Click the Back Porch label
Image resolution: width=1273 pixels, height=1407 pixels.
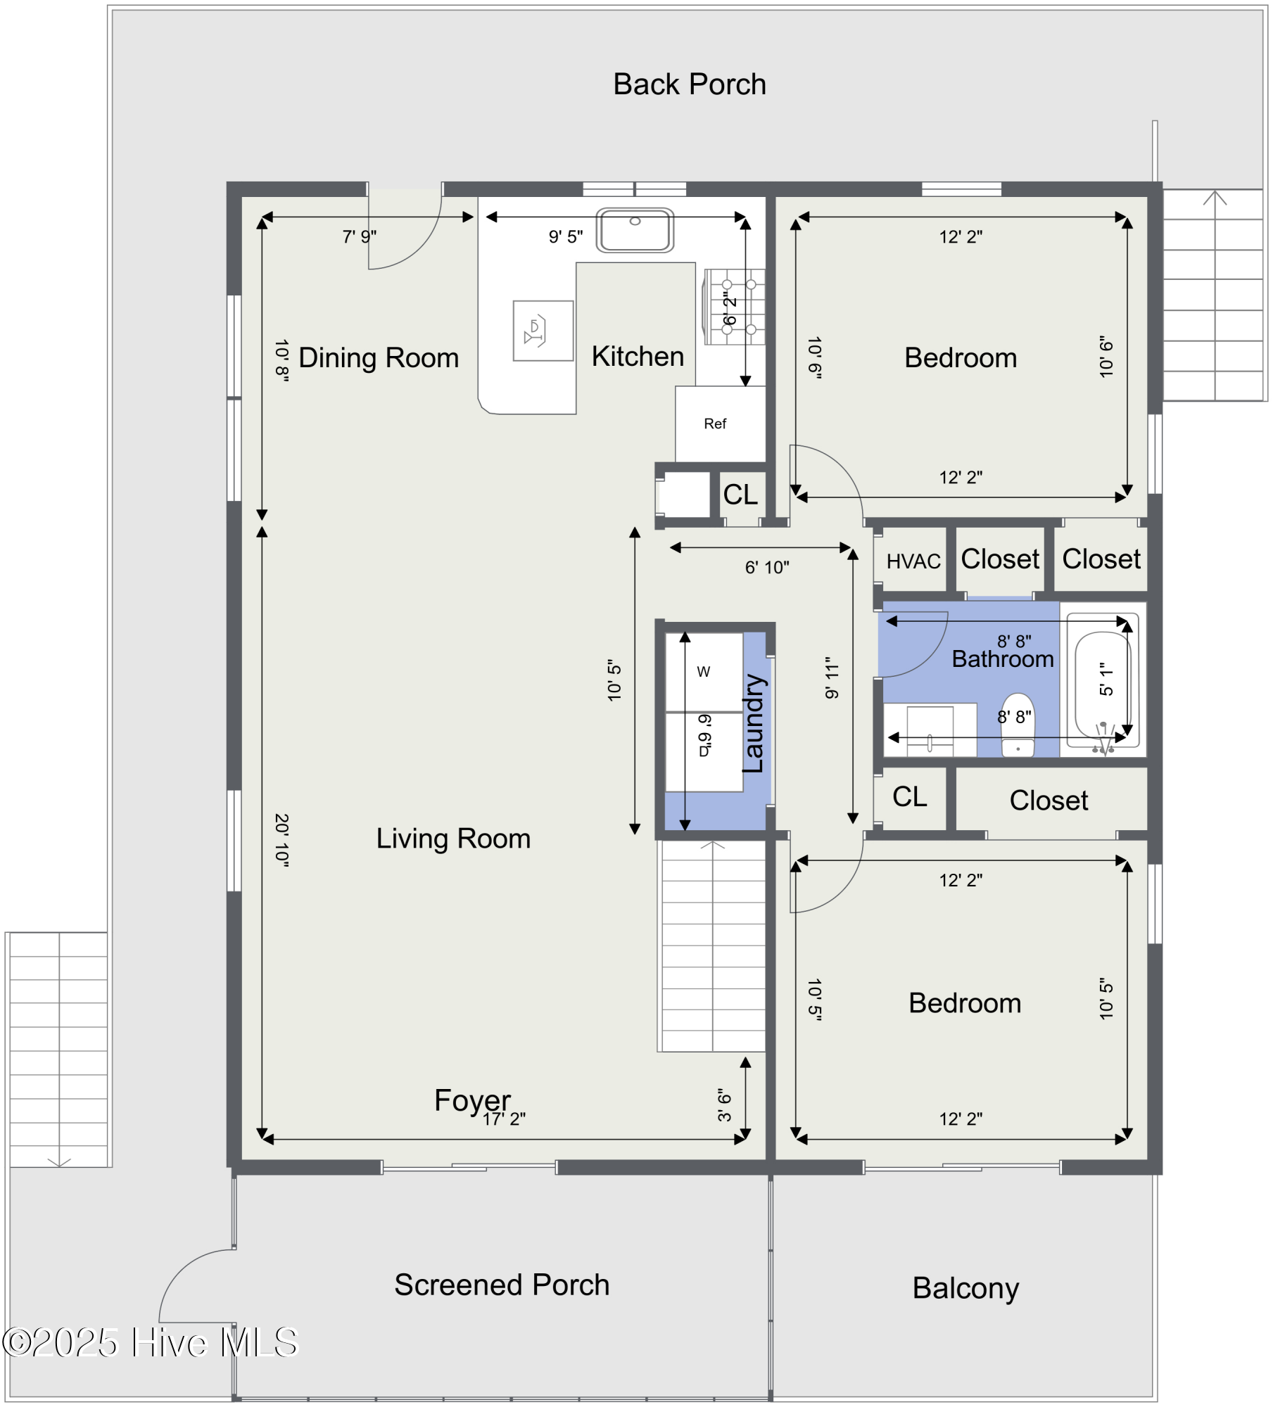pyautogui.click(x=689, y=84)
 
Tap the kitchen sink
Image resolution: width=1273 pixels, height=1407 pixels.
pyautogui.click(x=635, y=230)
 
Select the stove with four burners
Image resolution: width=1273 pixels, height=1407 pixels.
pyautogui.click(x=735, y=307)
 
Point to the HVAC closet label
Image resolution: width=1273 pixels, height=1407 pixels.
pyautogui.click(x=913, y=561)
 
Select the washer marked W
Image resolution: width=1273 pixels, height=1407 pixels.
pyautogui.click(x=704, y=672)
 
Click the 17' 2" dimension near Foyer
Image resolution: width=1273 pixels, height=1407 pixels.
pyautogui.click(x=504, y=1119)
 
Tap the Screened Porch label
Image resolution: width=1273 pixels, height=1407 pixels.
pyautogui.click(x=502, y=1285)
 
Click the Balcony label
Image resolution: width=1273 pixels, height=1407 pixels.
pyautogui.click(x=965, y=1289)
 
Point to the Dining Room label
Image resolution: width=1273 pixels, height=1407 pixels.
pyautogui.click(x=379, y=358)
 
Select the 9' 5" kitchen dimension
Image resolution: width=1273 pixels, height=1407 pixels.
pyautogui.click(x=566, y=237)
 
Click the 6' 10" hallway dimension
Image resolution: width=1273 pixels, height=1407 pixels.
pyautogui.click(x=767, y=568)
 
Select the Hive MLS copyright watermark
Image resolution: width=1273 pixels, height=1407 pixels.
pyautogui.click(x=151, y=1342)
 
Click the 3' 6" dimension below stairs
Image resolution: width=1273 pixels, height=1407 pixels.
pyautogui.click(x=725, y=1105)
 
